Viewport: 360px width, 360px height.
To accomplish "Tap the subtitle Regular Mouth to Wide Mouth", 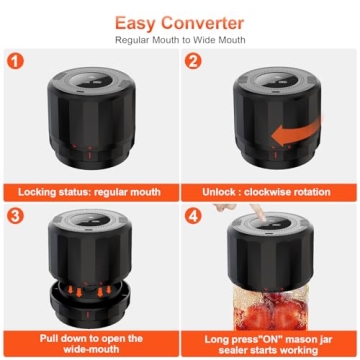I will click(x=180, y=40).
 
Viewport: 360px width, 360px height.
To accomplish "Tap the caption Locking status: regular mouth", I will click(x=90, y=190).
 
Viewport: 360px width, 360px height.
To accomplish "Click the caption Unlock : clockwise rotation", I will click(x=270, y=190).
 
